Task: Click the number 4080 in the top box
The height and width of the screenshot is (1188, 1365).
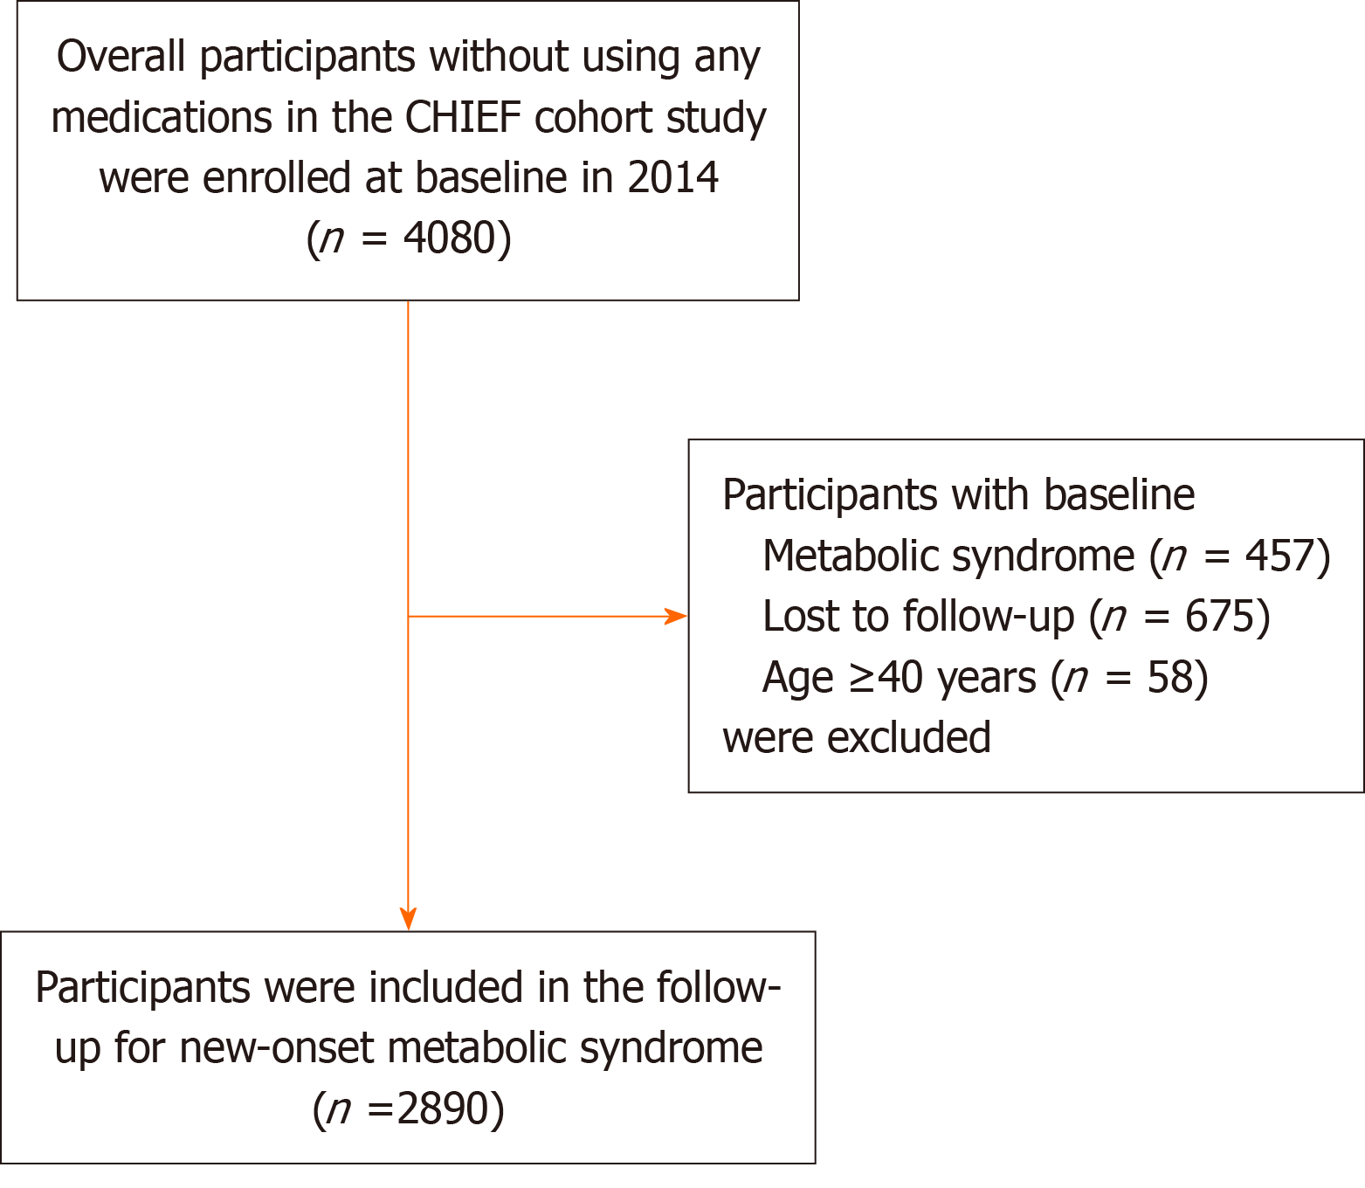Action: click(448, 238)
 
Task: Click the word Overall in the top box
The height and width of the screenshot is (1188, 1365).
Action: click(121, 58)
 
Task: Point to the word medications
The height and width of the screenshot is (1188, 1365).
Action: click(161, 118)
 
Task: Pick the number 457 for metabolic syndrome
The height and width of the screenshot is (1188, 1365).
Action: click(1279, 556)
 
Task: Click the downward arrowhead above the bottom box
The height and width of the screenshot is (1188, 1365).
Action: click(408, 920)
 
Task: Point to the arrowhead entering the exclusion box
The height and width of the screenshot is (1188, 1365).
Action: click(676, 617)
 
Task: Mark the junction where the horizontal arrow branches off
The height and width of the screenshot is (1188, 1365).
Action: click(408, 617)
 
